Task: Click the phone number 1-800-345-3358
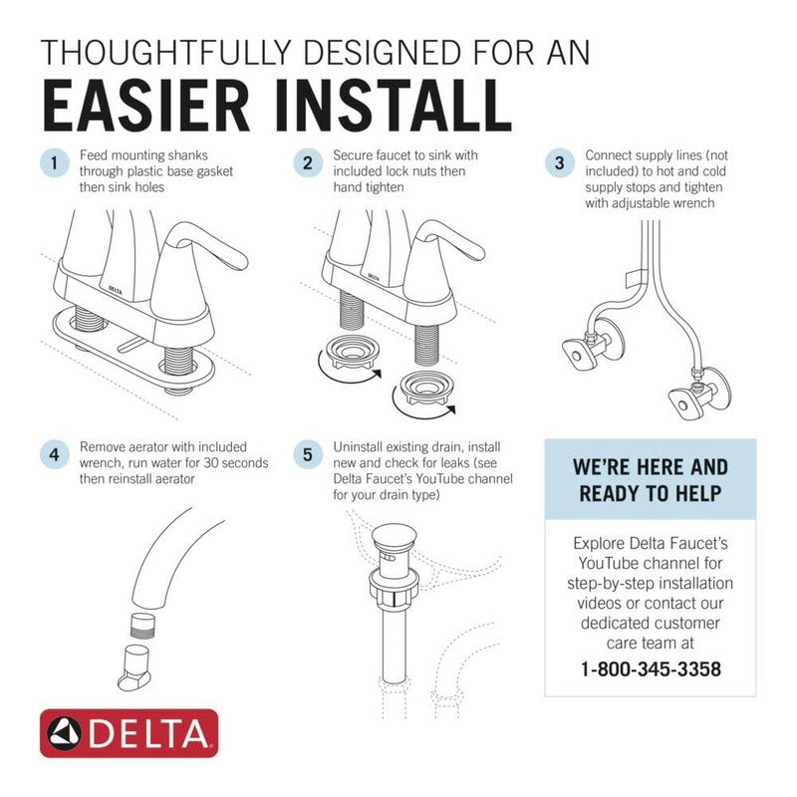pos(651,668)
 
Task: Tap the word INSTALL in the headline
pos(388,103)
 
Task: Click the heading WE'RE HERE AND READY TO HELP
pos(651,479)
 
